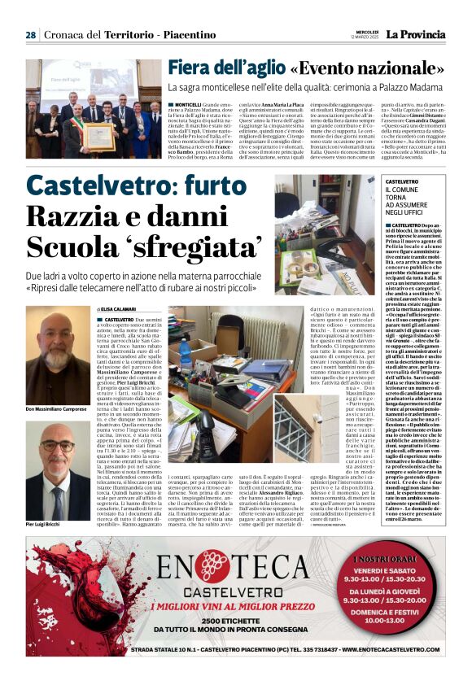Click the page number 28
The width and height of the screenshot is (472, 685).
point(30,35)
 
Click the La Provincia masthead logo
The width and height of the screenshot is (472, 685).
point(417,34)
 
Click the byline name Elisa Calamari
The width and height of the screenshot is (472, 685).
point(119,310)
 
